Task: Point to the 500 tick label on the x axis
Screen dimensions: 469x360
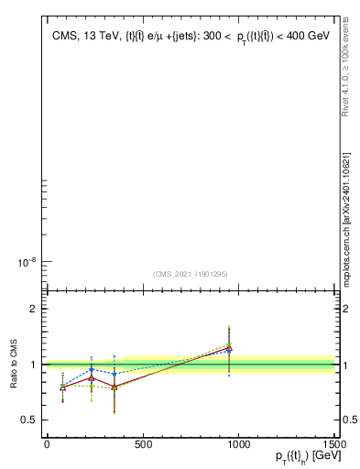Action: [143, 446]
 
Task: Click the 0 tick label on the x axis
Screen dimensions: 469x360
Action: [47, 446]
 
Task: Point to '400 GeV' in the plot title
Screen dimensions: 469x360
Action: [308, 37]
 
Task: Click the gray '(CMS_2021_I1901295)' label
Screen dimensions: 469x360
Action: [190, 274]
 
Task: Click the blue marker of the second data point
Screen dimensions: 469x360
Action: [92, 370]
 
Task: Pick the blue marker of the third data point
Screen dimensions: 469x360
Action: [114, 374]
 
